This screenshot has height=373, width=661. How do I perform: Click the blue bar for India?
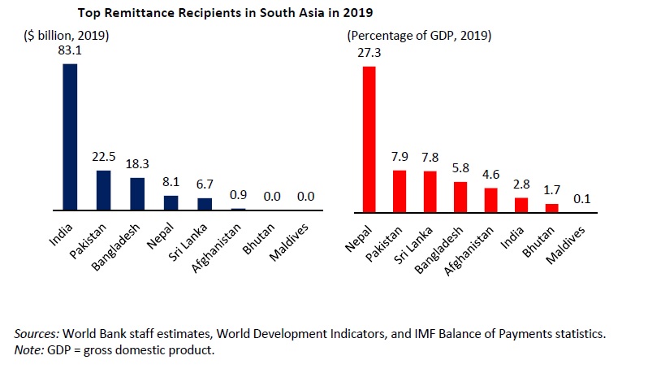(x=70, y=137)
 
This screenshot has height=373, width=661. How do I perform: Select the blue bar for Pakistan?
(x=103, y=190)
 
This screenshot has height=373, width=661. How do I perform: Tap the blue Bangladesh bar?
(x=137, y=194)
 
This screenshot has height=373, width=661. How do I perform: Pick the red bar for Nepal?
(x=369, y=138)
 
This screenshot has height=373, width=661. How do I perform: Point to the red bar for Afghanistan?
(x=490, y=199)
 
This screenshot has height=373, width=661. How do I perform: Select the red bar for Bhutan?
(x=551, y=207)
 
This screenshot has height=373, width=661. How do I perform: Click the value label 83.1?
(x=70, y=51)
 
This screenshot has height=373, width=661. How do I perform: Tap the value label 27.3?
(x=369, y=54)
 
